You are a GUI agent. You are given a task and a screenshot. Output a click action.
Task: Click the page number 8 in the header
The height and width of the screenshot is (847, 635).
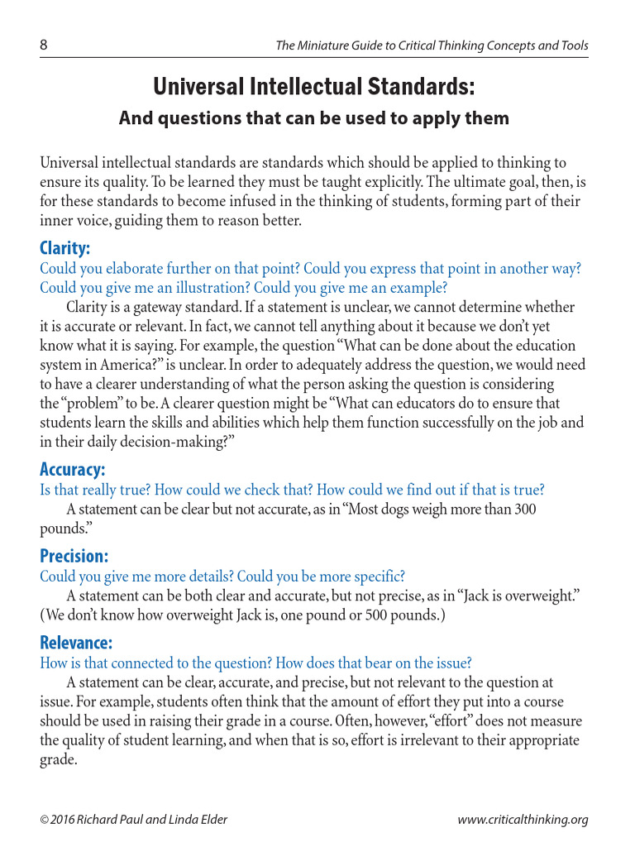[44, 45]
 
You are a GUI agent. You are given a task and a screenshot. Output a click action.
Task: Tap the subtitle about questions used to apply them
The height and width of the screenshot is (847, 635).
[314, 118]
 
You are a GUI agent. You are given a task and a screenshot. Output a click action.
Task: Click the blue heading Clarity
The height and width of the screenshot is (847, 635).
[65, 248]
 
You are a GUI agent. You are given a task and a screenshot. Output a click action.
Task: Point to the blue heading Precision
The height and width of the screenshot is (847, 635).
[74, 556]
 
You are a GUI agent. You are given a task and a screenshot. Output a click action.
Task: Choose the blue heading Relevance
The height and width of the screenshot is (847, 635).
[76, 643]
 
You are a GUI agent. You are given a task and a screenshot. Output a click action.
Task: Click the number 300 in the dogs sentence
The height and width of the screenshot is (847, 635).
[525, 510]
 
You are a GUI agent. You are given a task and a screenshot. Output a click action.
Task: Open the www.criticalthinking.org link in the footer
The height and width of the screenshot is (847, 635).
[523, 820]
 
